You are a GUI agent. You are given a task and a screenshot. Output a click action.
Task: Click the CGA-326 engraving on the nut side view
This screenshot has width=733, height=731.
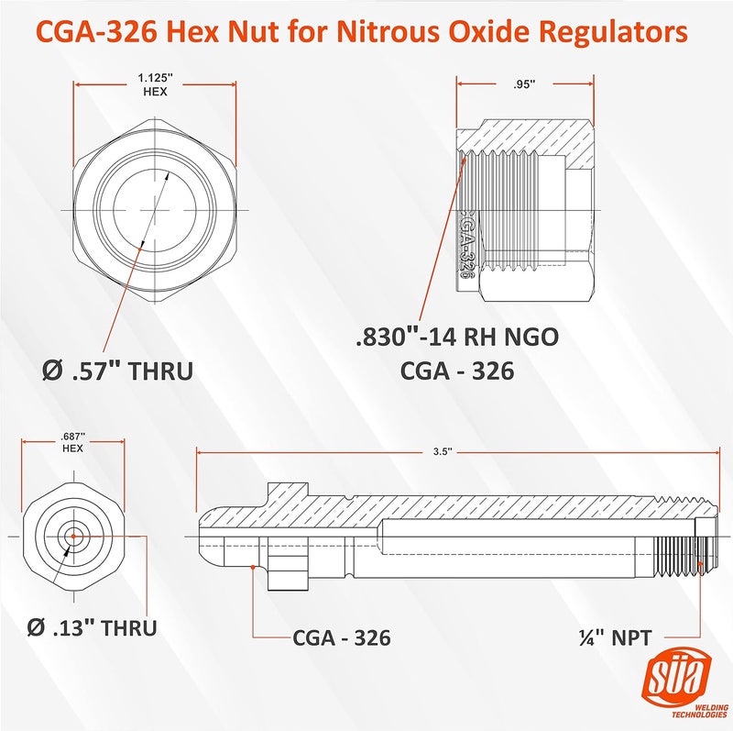pyautogui.click(x=465, y=240)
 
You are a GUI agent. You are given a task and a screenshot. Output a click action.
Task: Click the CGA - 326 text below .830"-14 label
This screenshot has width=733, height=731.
pyautogui.click(x=456, y=371)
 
